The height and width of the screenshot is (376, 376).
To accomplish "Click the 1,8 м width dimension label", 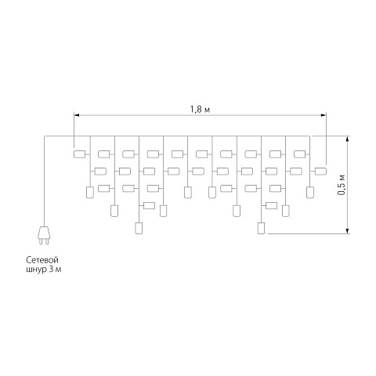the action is [200, 110].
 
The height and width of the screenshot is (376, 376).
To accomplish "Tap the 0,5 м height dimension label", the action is [341, 185].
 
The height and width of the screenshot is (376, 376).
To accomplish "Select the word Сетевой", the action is [42, 260].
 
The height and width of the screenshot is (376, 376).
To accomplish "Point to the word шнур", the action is [36, 269].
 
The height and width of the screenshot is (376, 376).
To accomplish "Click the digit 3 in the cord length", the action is [51, 269].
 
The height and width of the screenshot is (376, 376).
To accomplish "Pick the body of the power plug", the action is [43, 233].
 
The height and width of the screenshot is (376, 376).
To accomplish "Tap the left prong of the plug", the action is [41, 241].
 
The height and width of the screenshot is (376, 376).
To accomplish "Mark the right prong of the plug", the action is [46, 241].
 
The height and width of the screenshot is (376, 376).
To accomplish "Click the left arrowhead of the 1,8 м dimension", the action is [77, 115].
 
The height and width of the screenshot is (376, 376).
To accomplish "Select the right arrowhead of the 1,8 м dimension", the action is [324, 115].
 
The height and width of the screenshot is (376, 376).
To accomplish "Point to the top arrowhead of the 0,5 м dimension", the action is [347, 139].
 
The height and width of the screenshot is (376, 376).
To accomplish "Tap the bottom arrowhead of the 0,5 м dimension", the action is [347, 231].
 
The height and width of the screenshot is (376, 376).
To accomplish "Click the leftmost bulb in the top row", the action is [80, 154].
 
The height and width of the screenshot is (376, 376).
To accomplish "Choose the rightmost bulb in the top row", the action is [300, 154].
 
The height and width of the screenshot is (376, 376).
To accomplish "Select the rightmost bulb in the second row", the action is [320, 172].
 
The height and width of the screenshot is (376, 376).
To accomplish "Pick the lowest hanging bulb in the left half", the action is [139, 228].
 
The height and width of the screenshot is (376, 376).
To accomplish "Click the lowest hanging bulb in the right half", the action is [261, 228].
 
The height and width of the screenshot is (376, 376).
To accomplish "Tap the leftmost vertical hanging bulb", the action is [90, 193].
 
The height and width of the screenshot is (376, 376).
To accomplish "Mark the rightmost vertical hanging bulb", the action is [310, 193].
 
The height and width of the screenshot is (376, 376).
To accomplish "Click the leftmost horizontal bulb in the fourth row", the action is [149, 205].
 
